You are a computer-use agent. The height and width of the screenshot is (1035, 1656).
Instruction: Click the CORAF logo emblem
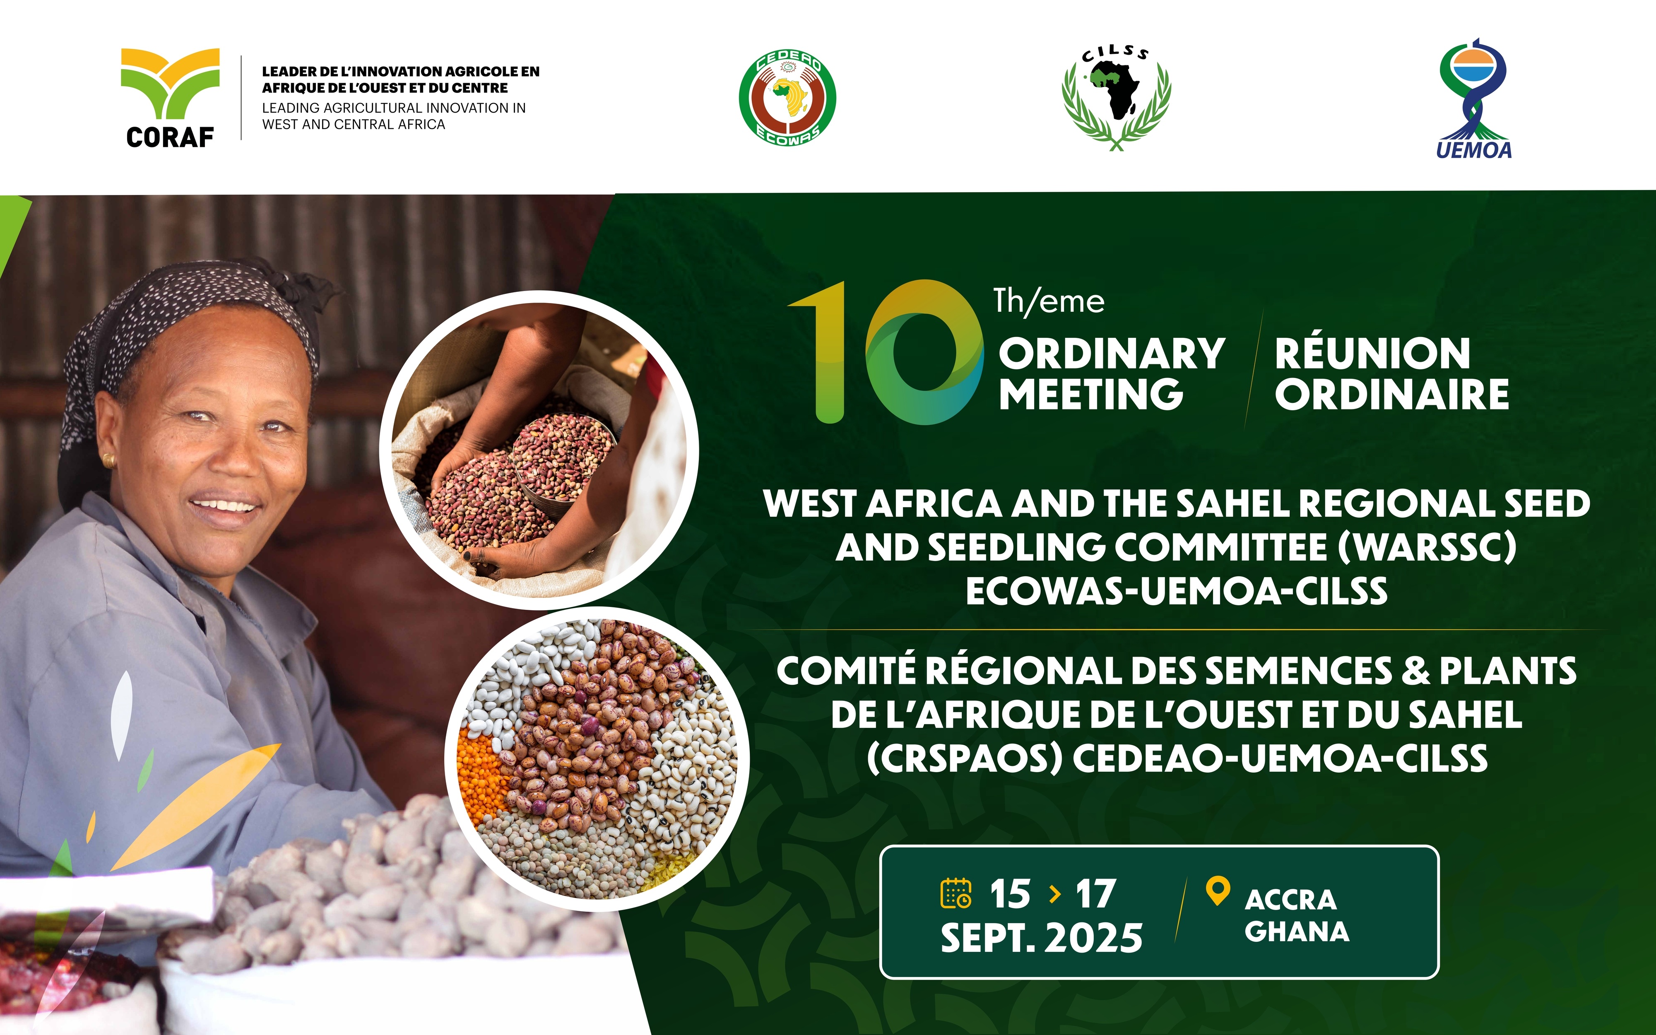(x=171, y=84)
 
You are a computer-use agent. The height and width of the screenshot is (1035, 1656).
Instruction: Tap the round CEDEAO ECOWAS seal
(x=787, y=98)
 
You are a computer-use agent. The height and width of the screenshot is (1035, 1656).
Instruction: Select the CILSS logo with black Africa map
(x=1116, y=97)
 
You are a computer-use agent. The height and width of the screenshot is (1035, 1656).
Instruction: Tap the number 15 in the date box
(x=1010, y=894)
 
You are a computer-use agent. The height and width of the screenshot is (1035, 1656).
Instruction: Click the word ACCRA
(x=1290, y=900)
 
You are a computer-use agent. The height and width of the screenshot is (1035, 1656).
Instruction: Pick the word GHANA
(x=1297, y=931)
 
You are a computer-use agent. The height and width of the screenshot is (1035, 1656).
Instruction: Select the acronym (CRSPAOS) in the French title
(x=964, y=758)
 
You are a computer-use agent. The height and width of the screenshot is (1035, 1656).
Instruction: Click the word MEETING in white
(x=1091, y=394)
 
